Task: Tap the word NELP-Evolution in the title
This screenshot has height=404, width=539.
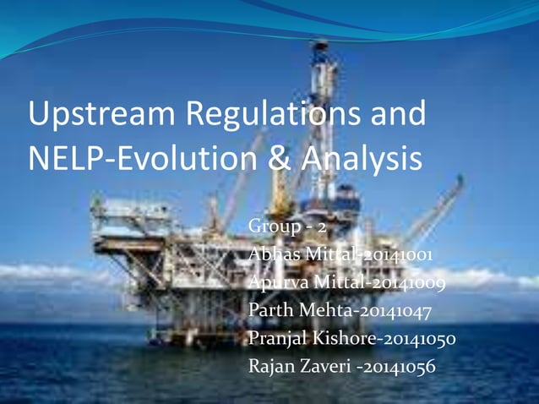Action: (x=143, y=158)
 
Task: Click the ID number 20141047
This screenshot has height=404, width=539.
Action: (x=391, y=311)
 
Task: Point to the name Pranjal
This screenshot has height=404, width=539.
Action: (x=280, y=339)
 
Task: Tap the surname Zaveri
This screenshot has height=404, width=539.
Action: (x=324, y=367)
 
